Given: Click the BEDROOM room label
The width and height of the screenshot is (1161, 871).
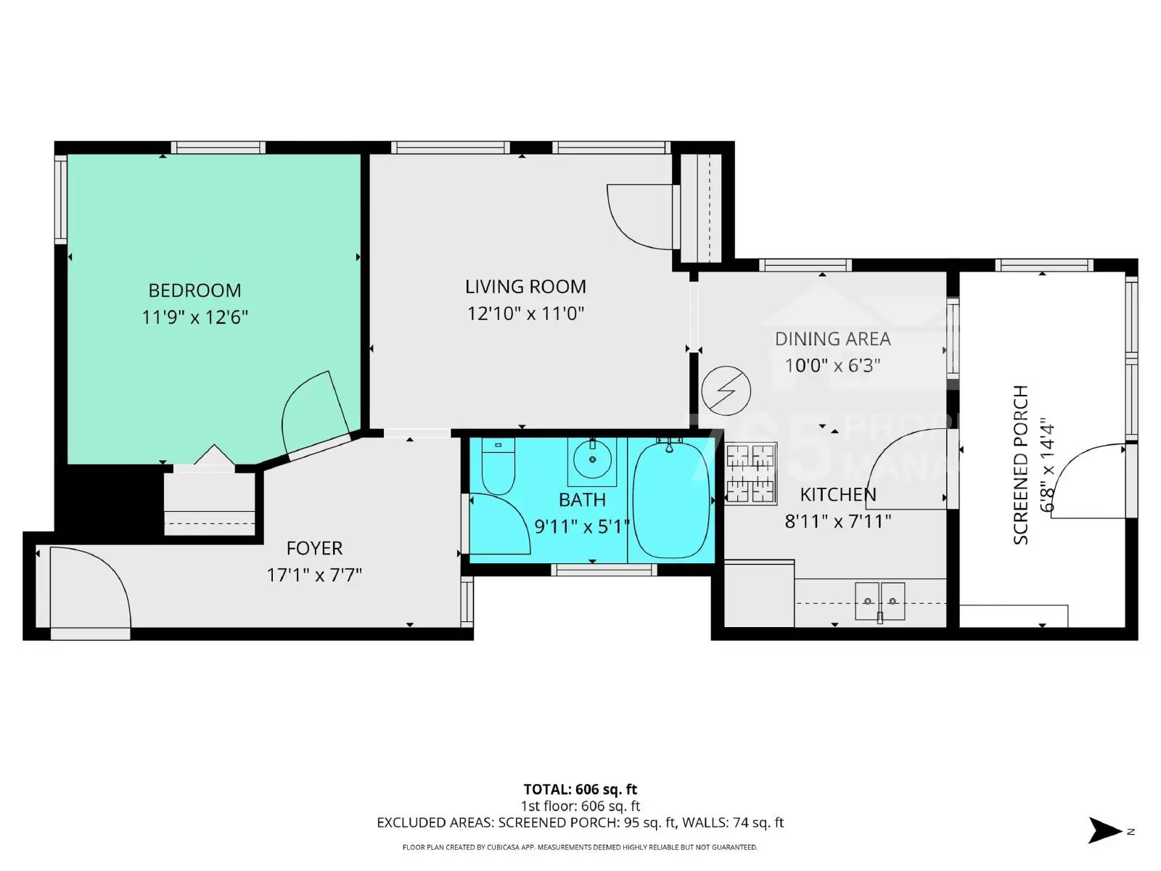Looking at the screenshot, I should coord(194,290).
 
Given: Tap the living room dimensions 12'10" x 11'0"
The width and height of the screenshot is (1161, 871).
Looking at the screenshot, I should coord(525,314).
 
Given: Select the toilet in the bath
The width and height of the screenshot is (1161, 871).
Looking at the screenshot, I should coord(498,465).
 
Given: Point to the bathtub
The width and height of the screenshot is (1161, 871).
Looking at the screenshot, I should coord(671,499).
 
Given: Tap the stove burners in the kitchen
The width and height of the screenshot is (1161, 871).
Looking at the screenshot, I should coord(750,473).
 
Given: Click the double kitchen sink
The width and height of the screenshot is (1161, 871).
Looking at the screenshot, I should coord(879,601).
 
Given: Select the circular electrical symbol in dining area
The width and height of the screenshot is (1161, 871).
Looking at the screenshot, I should coord(726,391).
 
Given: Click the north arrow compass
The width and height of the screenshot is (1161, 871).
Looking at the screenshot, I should coord(1107,830).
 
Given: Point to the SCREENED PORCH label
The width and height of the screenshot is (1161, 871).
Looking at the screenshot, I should coord(1020,465).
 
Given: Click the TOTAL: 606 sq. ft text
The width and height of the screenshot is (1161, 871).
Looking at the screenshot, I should coord(580,789).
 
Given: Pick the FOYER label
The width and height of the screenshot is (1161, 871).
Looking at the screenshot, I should coord(314,548).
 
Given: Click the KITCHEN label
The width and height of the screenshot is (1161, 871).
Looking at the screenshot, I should coord(838,494).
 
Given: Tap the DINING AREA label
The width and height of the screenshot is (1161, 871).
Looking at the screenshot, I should coord(832,339).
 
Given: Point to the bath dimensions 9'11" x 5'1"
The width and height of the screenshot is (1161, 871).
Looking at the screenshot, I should coord(582,526).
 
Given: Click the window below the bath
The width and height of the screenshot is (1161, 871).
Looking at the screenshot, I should coord(604,571).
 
